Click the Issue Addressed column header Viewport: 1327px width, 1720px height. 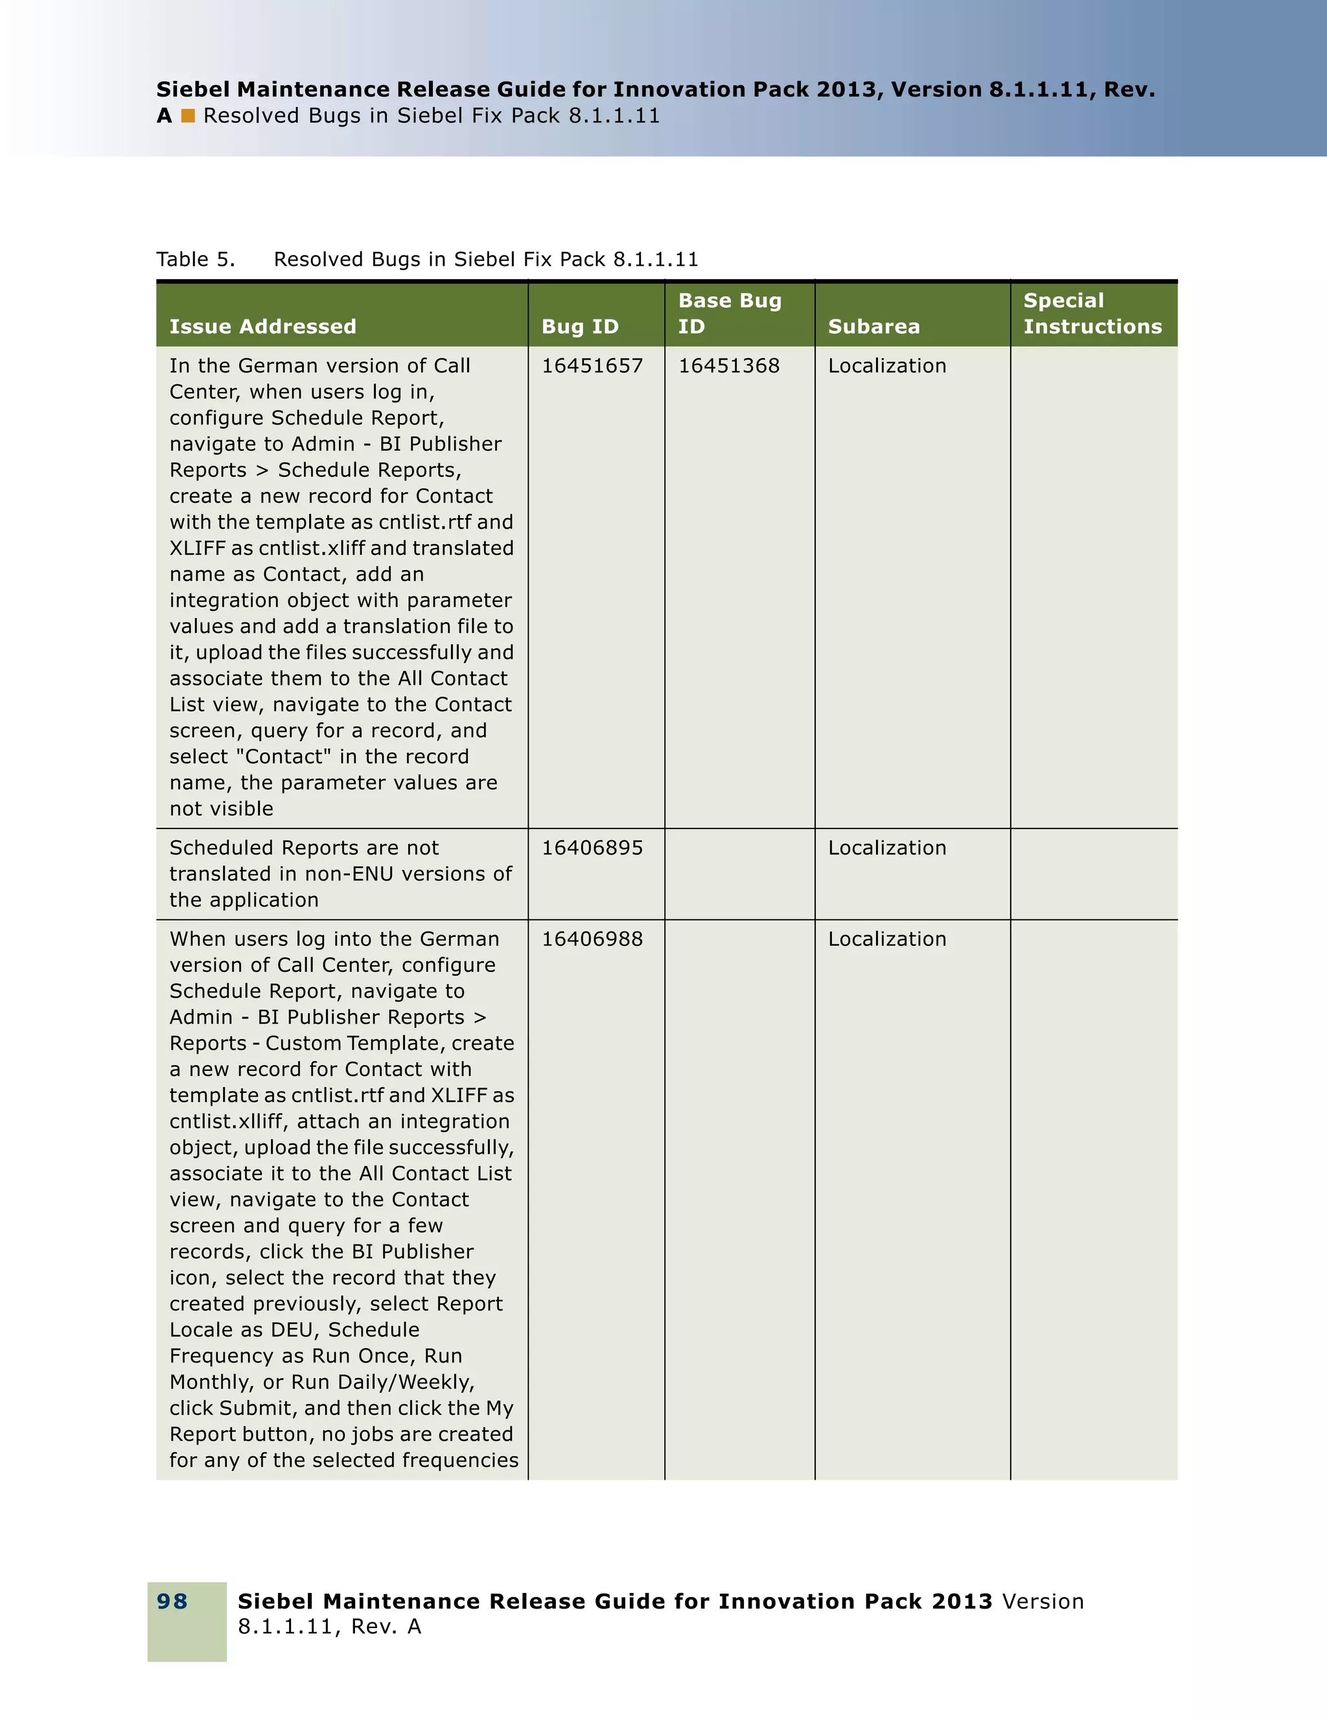(x=262, y=326)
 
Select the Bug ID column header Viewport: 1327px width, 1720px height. (x=580, y=326)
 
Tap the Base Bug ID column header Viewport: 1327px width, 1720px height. (x=729, y=314)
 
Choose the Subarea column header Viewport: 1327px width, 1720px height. (x=873, y=326)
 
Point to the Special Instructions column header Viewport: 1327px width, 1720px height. (x=1092, y=314)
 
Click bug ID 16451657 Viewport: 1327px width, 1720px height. (x=592, y=365)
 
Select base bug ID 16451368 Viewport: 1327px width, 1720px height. (x=729, y=365)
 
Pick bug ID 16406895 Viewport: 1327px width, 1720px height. (x=592, y=847)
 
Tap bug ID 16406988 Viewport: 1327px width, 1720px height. (x=592, y=939)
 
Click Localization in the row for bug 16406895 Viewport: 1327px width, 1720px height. (x=887, y=847)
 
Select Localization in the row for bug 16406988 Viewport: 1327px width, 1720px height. (x=887, y=939)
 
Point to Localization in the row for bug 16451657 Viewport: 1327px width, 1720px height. (x=887, y=365)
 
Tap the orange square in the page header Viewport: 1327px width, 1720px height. (x=187, y=116)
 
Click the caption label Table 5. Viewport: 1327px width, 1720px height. (x=195, y=259)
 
